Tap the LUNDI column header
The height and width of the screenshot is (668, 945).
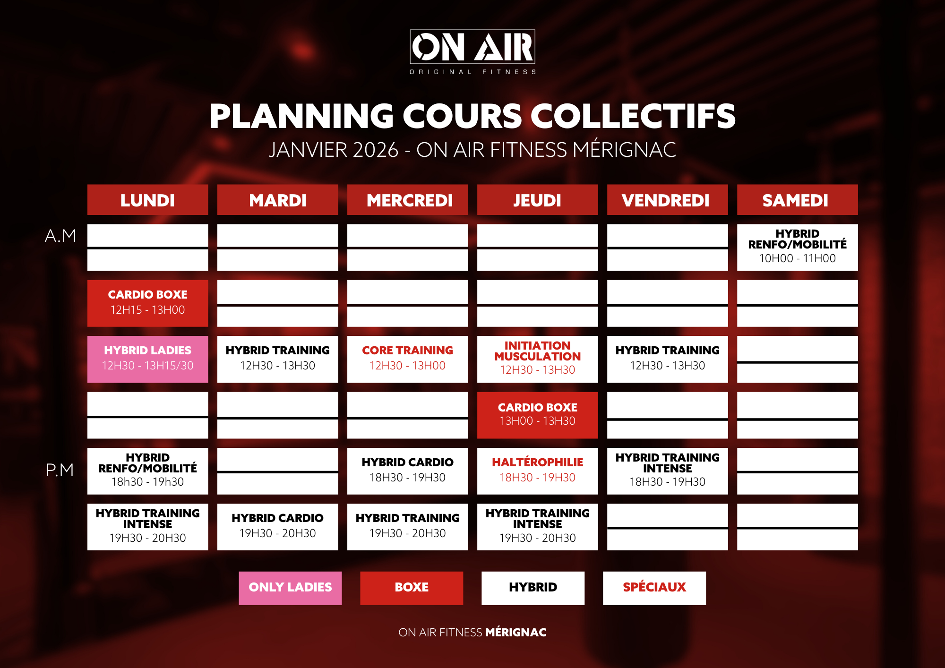[x=147, y=200]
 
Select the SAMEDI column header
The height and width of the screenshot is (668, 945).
[x=797, y=200]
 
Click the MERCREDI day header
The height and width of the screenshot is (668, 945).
[x=407, y=200]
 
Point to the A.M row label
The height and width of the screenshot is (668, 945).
[x=60, y=236]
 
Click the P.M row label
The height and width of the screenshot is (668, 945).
[x=60, y=470]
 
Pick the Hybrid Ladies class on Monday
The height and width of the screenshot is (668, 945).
[x=147, y=359]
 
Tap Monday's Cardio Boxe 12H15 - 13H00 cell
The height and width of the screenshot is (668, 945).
[x=147, y=303]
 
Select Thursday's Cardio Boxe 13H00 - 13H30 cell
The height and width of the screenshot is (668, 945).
[x=537, y=415]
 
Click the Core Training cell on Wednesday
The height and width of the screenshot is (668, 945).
[x=407, y=359]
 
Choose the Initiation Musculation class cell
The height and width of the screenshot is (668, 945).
[x=537, y=359]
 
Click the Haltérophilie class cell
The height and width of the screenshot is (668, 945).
[x=537, y=471]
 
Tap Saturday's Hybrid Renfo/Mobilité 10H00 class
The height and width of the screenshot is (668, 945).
[x=797, y=247]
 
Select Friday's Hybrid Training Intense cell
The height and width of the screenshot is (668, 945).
[x=667, y=471]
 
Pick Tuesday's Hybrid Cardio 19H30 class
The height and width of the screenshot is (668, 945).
[x=277, y=527]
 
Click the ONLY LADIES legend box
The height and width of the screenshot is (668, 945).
[x=290, y=588]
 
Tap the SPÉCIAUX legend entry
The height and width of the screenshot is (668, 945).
[x=654, y=588]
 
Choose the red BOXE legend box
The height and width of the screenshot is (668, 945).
[x=412, y=588]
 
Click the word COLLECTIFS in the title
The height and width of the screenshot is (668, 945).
[x=633, y=116]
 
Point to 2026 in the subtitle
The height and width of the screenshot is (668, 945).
[x=376, y=150]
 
